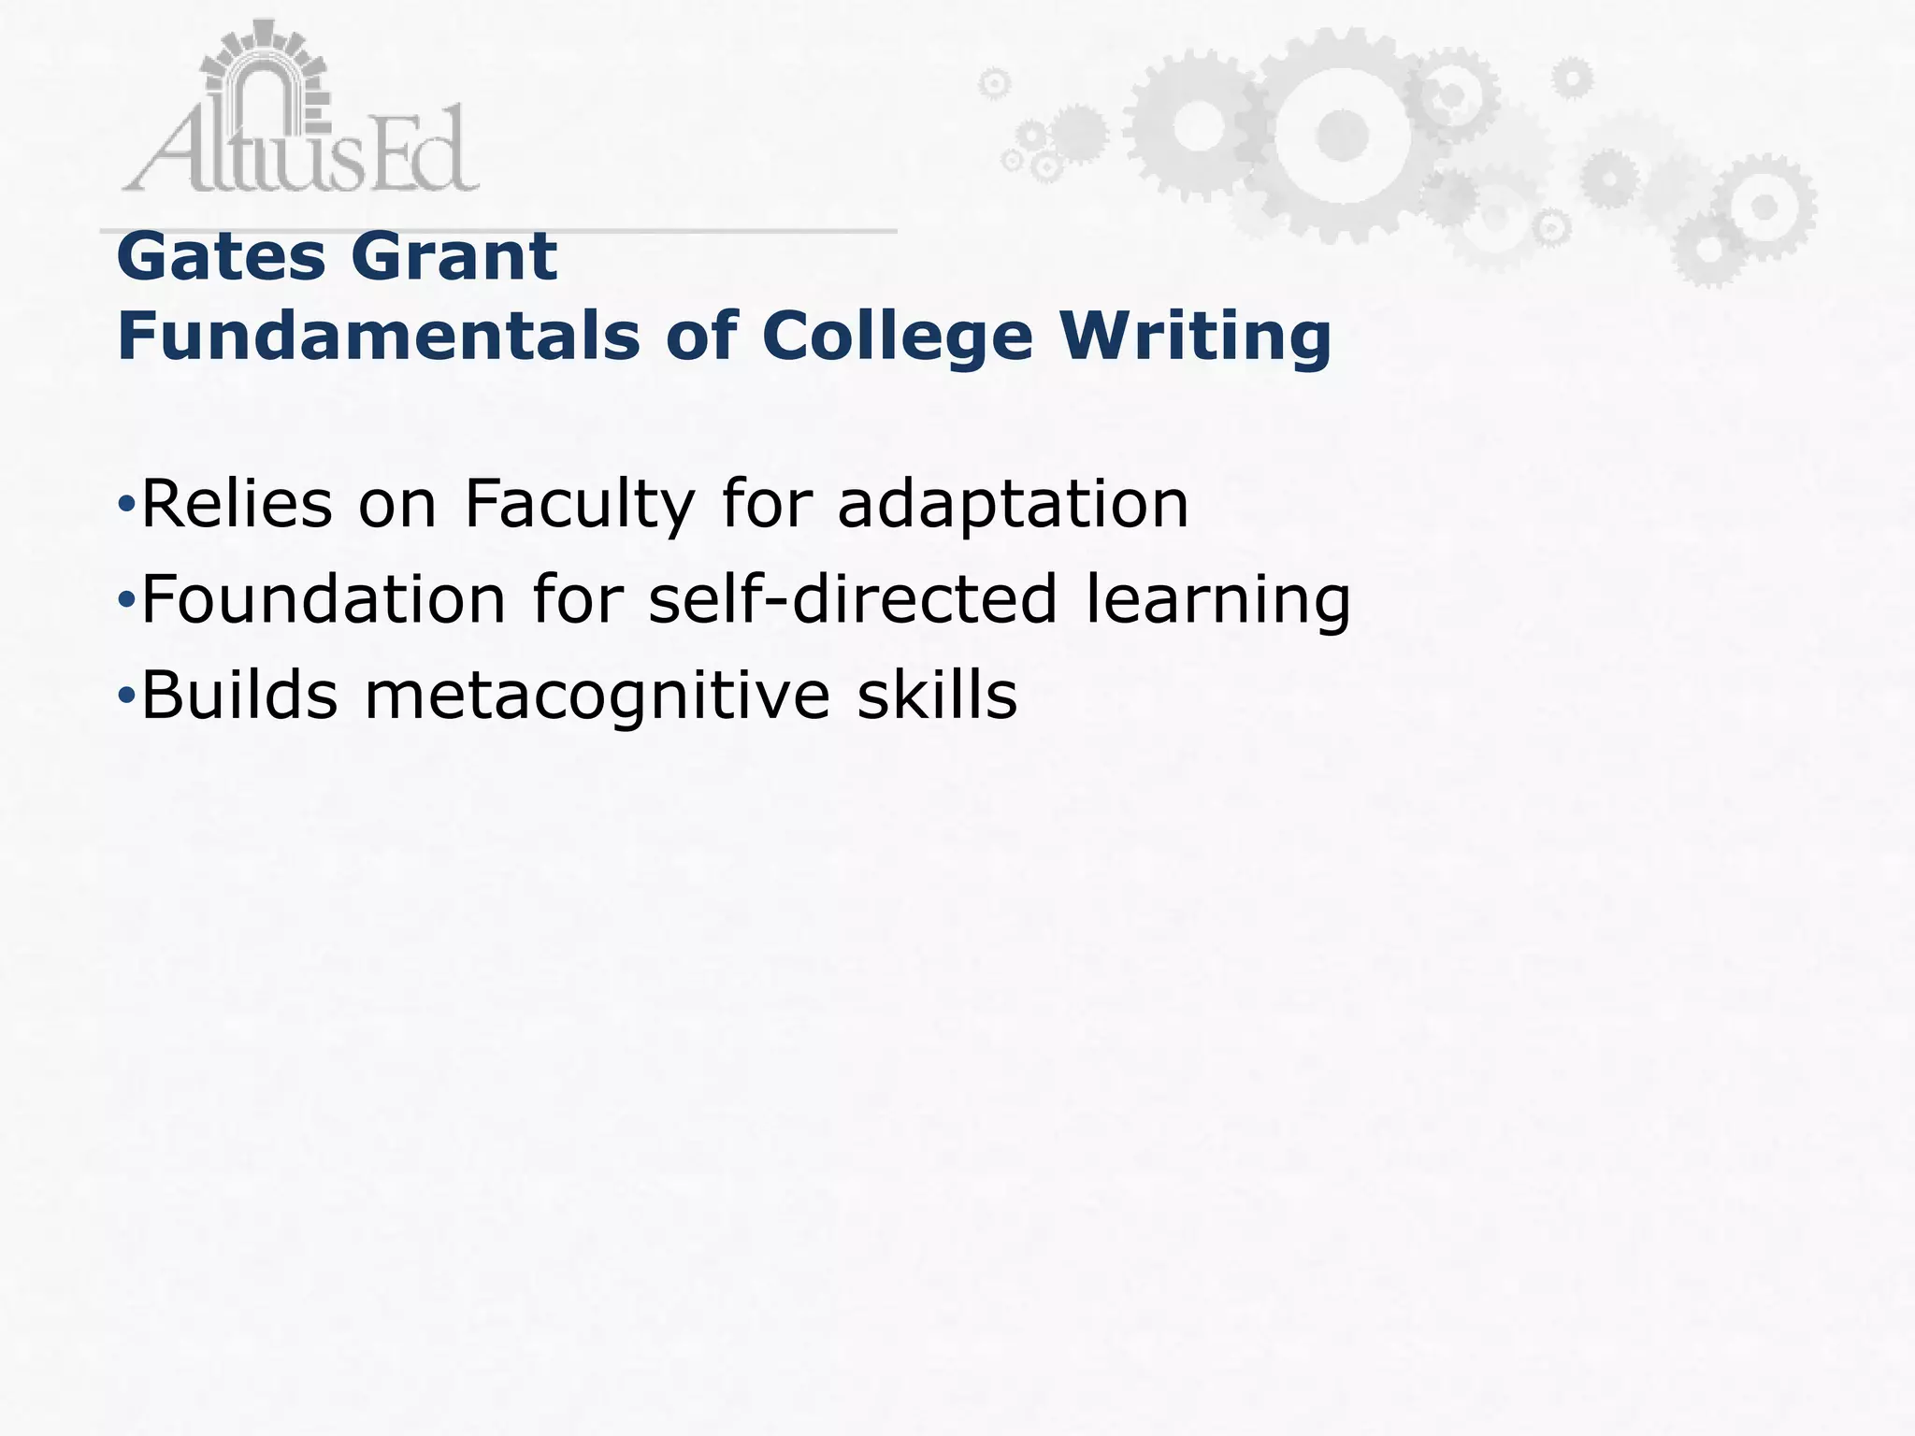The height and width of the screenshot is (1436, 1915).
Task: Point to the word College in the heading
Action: coord(897,338)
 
